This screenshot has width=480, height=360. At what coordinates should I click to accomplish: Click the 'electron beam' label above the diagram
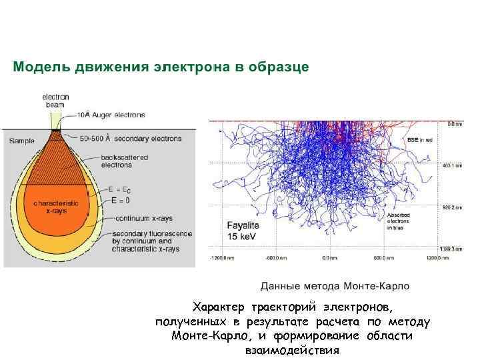point(55,101)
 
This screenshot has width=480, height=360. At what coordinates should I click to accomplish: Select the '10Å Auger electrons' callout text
point(110,115)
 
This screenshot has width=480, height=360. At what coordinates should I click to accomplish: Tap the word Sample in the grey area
point(21,141)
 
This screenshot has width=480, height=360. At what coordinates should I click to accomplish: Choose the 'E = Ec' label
point(118,189)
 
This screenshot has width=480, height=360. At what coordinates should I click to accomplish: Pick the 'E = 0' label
point(121,199)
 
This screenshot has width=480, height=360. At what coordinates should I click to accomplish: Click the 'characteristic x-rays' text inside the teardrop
point(56,206)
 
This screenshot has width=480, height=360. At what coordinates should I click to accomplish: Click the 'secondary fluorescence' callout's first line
point(152,234)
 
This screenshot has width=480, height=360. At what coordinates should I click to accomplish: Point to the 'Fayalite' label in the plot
point(242,225)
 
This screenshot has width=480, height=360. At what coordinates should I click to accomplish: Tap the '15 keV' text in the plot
point(241,237)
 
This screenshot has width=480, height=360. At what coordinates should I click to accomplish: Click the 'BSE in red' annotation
point(420,141)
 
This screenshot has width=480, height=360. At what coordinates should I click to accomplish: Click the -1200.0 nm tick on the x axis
point(220,257)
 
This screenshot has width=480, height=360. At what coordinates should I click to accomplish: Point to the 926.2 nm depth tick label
point(453,208)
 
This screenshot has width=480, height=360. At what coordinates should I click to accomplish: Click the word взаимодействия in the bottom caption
point(292,350)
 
